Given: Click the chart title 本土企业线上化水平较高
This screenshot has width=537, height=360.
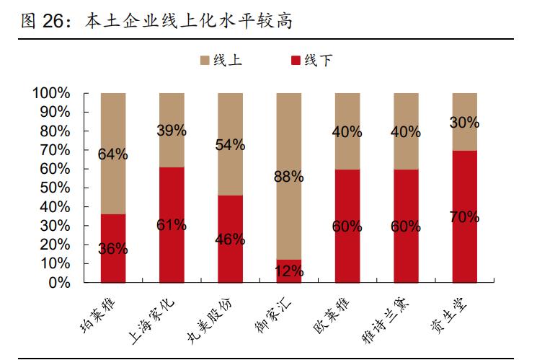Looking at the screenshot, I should [189, 21].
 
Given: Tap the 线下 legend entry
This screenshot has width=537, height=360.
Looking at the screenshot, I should [311, 61].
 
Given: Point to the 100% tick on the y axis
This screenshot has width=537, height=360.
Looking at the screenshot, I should [50, 94].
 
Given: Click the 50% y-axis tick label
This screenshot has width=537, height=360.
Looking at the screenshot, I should [54, 188].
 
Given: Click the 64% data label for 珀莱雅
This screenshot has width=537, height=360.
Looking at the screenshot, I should [113, 154].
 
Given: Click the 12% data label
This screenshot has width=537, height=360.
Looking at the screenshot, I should [288, 272].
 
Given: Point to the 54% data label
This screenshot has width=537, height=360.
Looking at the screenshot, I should [230, 144].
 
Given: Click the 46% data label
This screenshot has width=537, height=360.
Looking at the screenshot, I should [230, 240].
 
